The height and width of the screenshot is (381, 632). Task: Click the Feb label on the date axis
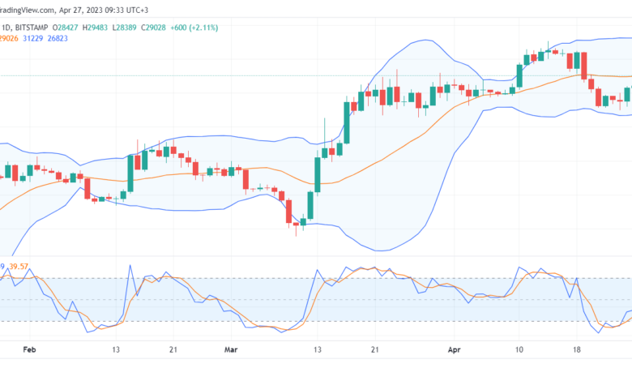coord(30,350)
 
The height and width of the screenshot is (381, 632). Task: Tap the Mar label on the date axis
coord(231,350)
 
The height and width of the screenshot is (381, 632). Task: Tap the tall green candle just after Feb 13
coord(130,173)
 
